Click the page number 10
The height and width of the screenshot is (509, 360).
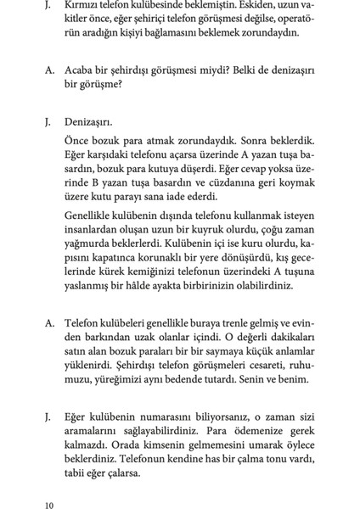coord(50,503)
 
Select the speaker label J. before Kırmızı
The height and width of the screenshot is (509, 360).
coord(48,7)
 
